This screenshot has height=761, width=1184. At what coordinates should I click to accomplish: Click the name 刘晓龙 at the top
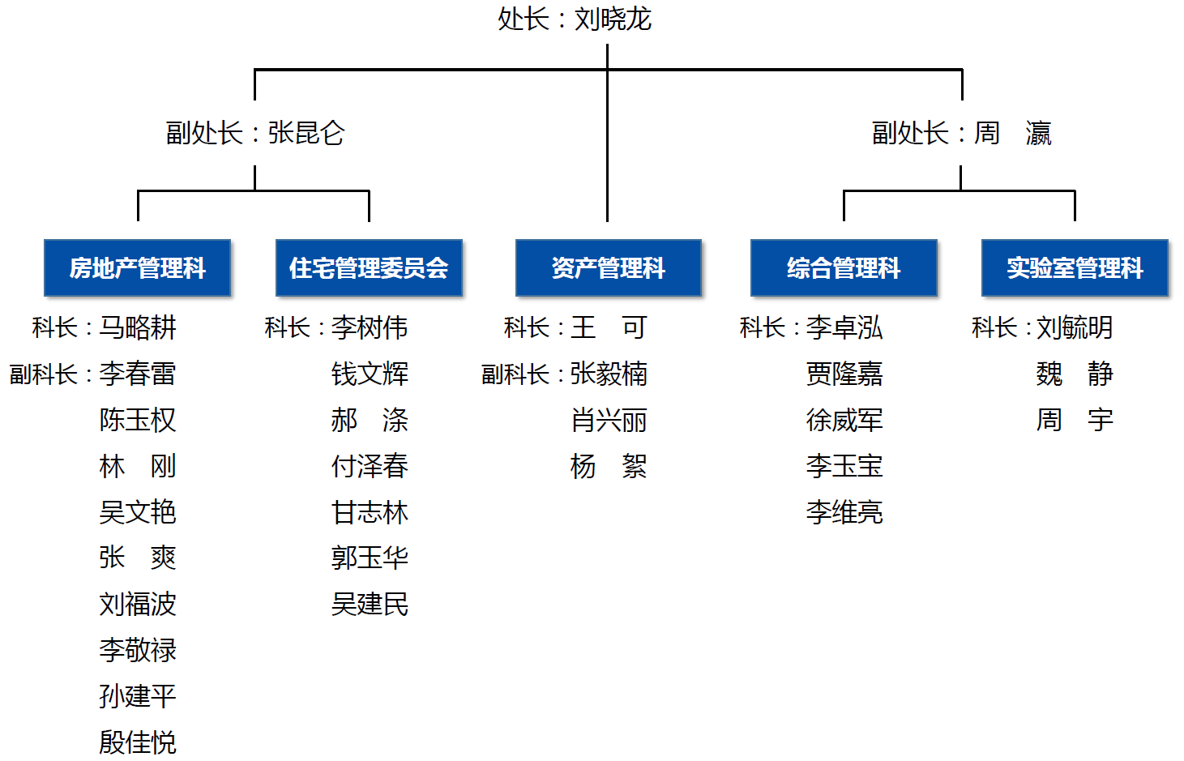613,19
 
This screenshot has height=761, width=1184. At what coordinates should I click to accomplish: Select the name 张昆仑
306,133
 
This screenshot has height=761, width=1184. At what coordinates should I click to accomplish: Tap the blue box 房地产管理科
138,268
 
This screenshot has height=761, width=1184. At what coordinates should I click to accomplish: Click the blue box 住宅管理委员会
369,268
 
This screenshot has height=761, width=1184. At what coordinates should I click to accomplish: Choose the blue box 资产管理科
609,268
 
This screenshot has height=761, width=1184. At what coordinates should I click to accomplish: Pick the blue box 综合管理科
844,268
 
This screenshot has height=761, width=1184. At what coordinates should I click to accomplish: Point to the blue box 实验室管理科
1075,268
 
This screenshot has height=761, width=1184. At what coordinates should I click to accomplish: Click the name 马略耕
138,327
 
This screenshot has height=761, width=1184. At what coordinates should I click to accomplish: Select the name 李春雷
138,374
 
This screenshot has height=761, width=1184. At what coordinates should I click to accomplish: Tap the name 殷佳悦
138,742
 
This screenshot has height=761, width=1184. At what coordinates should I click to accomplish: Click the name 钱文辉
370,374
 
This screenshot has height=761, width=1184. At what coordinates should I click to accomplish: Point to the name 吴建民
370,604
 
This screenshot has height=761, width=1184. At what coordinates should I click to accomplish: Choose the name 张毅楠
609,374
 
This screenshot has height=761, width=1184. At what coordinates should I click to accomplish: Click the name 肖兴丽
609,420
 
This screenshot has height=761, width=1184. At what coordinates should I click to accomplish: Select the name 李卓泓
844,327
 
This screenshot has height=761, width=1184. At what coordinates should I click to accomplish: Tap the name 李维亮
844,512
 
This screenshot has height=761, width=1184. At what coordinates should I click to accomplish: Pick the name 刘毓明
1075,327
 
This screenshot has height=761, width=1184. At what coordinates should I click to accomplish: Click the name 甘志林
370,512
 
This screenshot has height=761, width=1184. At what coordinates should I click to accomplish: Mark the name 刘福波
138,604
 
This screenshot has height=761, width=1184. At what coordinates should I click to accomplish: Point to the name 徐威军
844,420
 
